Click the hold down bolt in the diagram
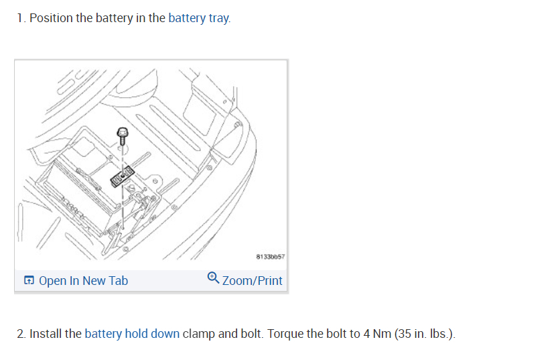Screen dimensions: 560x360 (123, 135)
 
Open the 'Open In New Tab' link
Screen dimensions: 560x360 (83, 281)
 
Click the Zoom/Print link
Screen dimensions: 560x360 (252, 281)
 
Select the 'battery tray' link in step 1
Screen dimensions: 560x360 (199, 18)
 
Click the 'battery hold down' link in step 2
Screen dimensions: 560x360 (132, 334)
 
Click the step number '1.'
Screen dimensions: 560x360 (21, 18)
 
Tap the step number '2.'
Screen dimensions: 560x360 (22, 334)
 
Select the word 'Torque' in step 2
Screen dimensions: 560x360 (285, 334)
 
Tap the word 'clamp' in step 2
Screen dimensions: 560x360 (199, 334)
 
